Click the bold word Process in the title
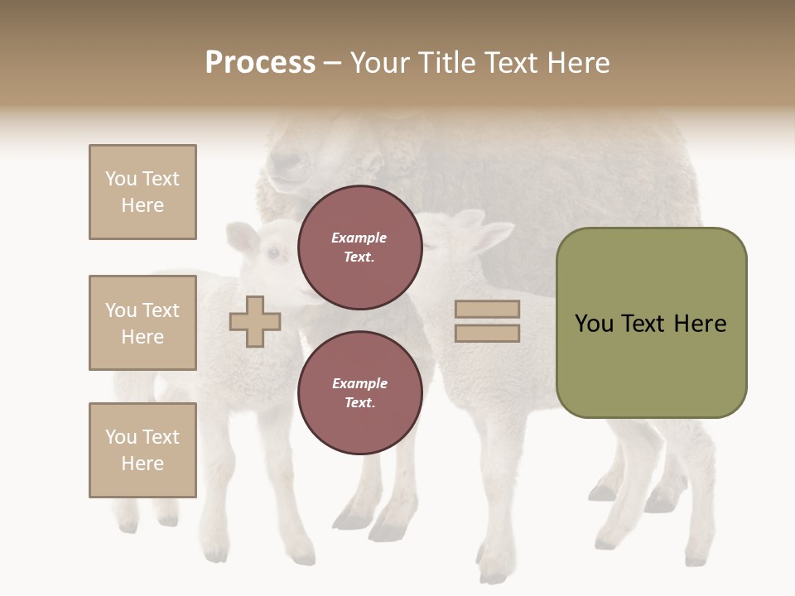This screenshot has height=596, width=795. click(260, 63)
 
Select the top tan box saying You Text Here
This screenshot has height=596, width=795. click(142, 192)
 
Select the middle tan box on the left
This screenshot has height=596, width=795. click(142, 323)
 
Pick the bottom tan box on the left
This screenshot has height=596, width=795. click(142, 450)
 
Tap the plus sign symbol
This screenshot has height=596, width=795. click(255, 321)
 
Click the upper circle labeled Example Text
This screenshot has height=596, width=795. click(359, 247)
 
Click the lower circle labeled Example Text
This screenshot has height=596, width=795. click(359, 392)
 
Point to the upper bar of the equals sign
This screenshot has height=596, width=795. click(487, 309)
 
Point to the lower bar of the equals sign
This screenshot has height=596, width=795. click(487, 333)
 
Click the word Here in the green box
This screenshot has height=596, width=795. click(700, 324)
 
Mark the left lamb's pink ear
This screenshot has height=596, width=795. click(243, 239)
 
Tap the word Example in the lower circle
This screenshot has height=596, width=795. click(359, 383)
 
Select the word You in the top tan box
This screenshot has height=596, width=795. click(120, 179)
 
